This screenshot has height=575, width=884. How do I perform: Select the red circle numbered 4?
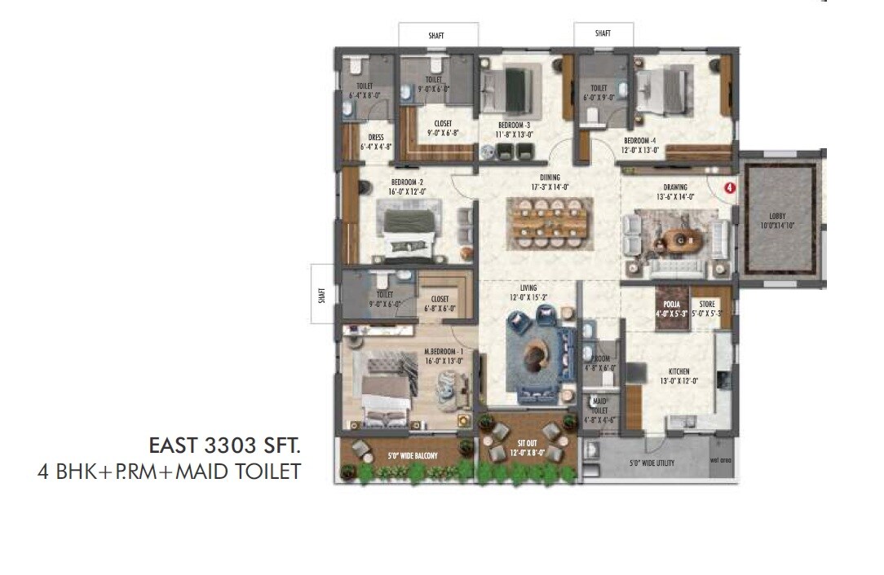point(730,187)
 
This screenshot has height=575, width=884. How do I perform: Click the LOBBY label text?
point(777,216)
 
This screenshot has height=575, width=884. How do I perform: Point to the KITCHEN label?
point(678,371)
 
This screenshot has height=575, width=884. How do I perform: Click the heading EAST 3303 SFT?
point(224,446)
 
